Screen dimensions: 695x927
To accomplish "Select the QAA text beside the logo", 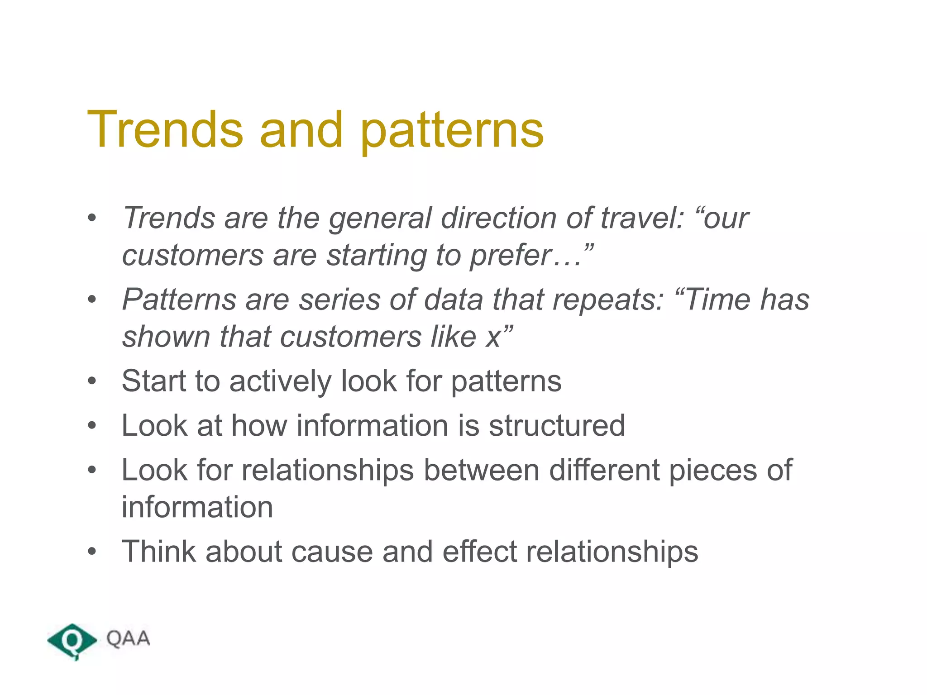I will pos(128,639).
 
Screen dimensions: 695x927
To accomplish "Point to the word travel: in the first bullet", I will pos(642,218).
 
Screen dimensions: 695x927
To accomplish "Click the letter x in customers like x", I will pos(493,338).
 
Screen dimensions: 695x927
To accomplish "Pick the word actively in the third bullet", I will pos(280,381).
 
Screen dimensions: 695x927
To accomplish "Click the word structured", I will pos(557,426).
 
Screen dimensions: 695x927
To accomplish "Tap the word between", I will pos(481,470).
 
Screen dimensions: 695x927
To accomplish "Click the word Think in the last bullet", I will pos(159,552).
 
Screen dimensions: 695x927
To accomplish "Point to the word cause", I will pos(332,552).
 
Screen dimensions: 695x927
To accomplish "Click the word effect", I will pos(479,552).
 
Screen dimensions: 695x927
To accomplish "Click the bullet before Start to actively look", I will pos(92,381).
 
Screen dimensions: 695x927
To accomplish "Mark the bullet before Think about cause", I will pos(92,552).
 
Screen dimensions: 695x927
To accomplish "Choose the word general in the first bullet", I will pos(380,219).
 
